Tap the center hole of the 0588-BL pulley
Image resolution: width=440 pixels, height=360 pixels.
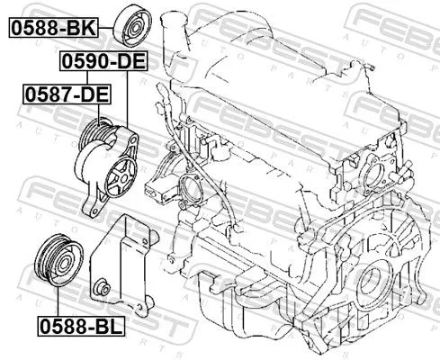coord(56,259)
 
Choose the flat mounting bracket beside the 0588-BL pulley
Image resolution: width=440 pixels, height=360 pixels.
coord(117,256)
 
